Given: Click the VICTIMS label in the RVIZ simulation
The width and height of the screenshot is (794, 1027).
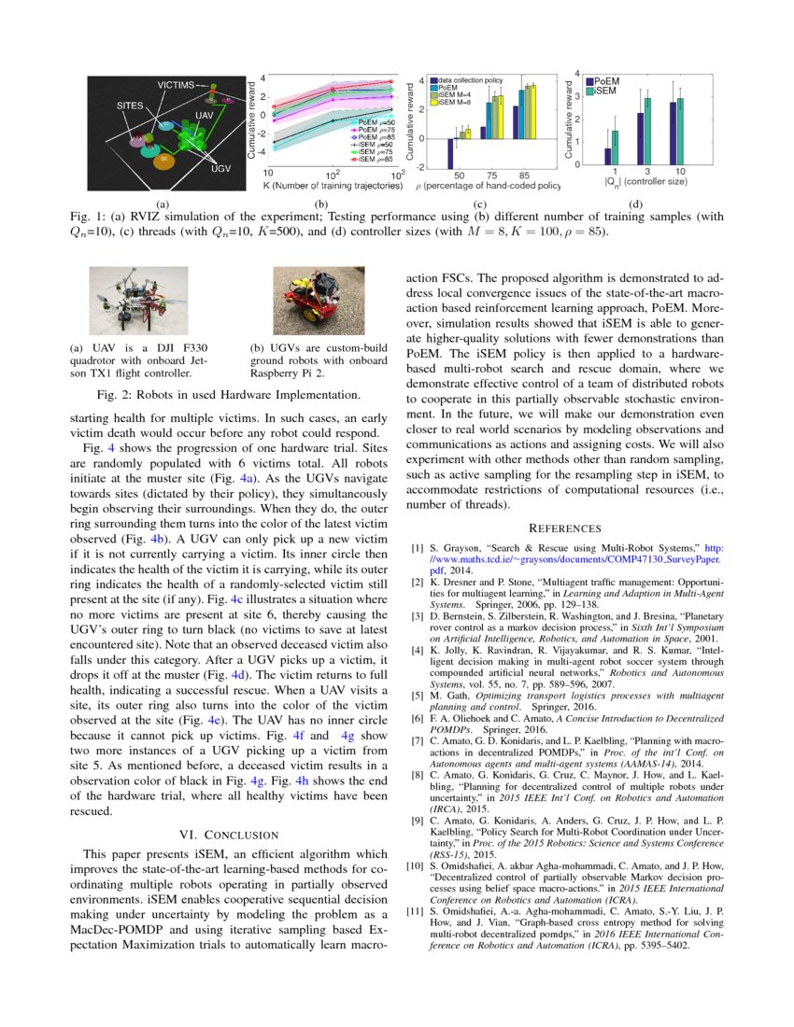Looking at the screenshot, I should [x=176, y=85].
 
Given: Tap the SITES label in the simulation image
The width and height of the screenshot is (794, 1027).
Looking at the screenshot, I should [x=130, y=106].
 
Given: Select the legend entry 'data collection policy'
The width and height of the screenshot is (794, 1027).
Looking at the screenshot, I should [x=470, y=80].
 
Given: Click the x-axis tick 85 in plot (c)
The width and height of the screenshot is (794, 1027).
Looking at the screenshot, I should [x=525, y=175].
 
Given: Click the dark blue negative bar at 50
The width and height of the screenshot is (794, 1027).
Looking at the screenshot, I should [x=451, y=152].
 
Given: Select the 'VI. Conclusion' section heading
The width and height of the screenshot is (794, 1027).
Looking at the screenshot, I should [x=230, y=833].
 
